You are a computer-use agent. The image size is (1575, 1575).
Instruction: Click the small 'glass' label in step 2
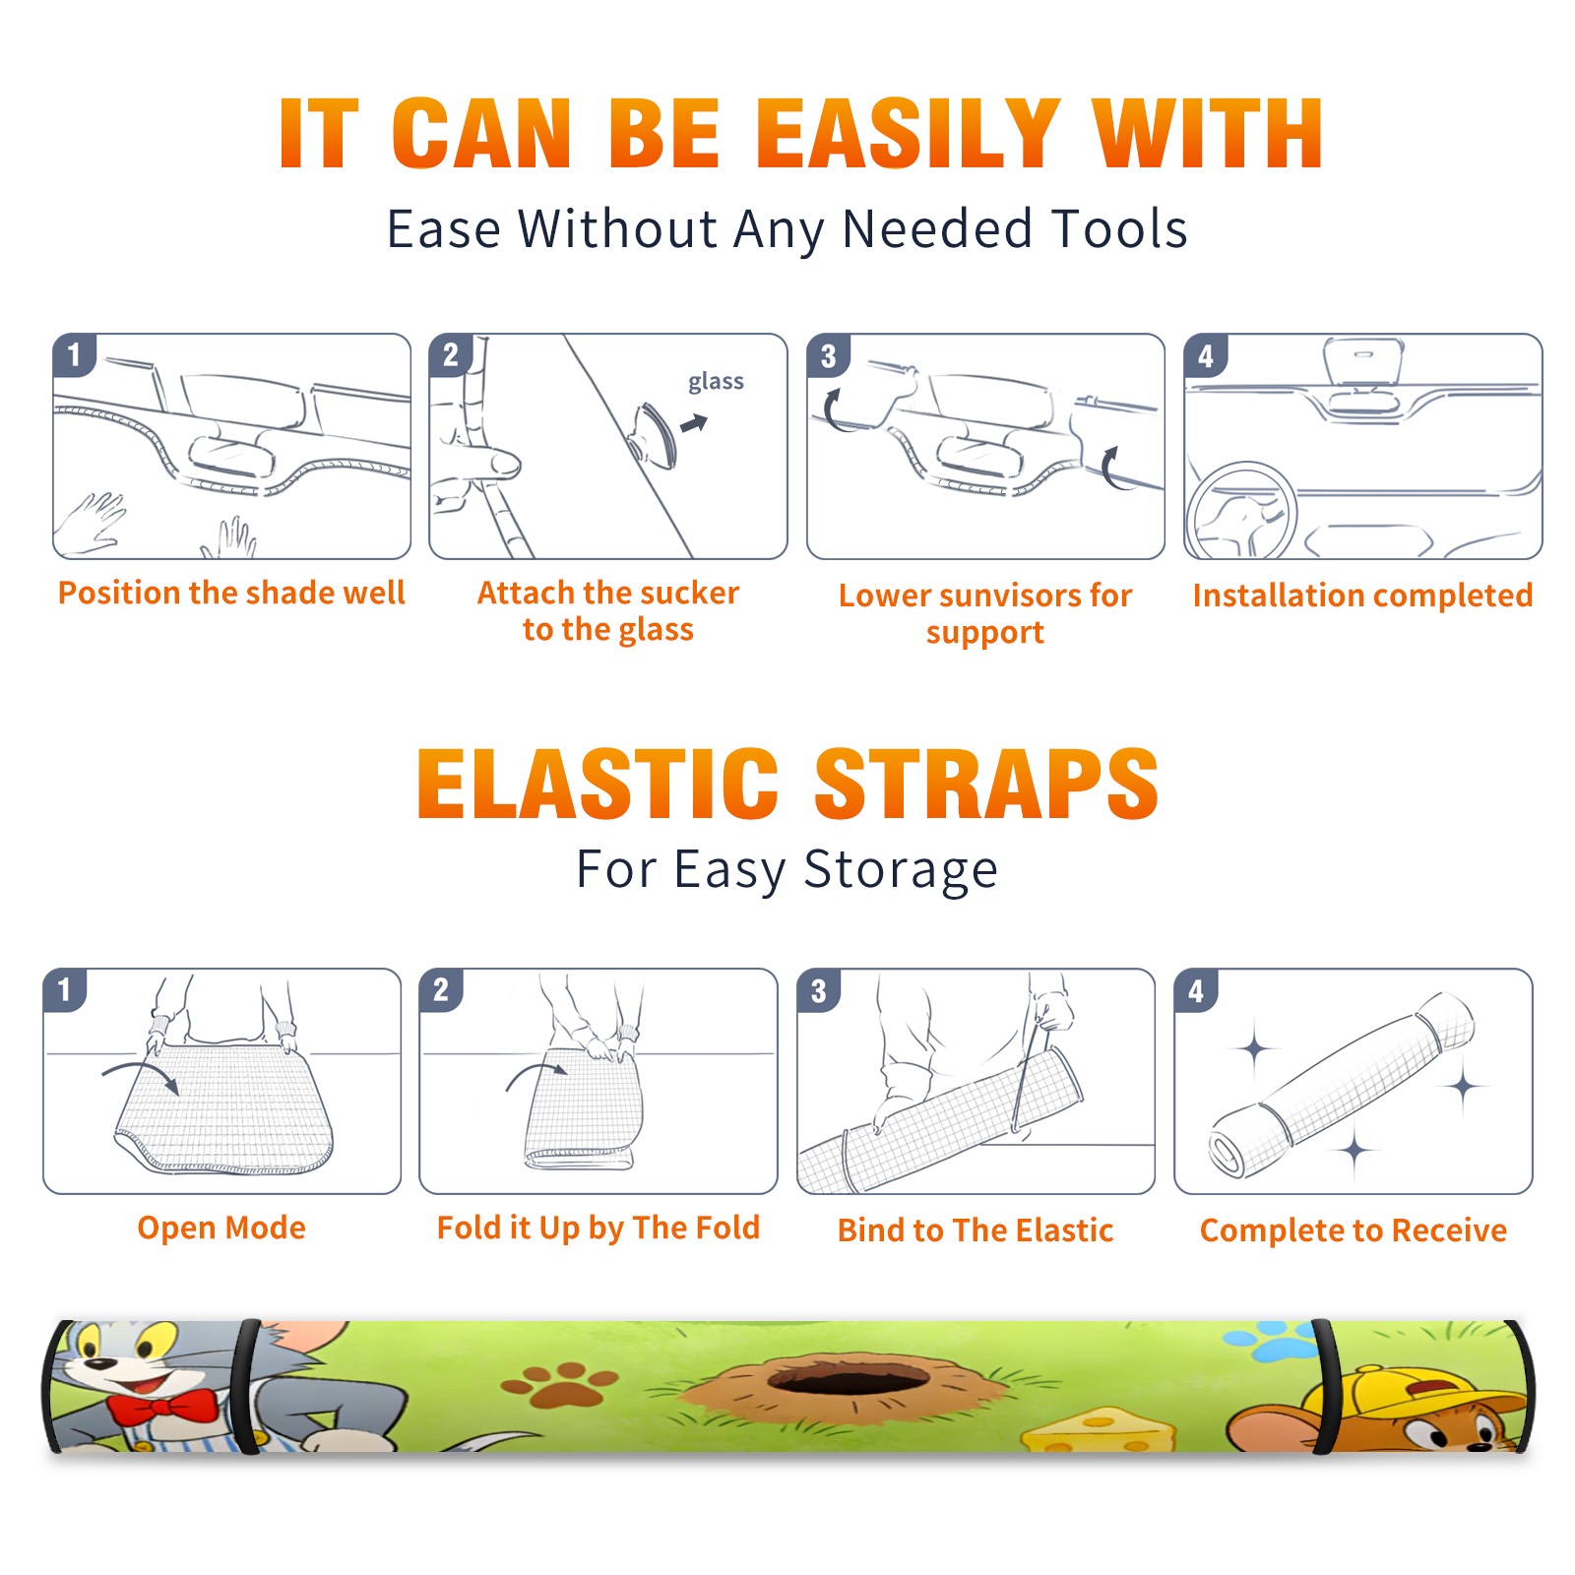click(716, 382)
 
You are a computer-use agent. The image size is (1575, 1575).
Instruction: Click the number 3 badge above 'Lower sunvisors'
click(829, 355)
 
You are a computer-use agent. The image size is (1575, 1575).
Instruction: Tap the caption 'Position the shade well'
click(231, 593)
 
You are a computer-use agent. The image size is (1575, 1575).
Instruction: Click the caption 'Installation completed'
click(1362, 596)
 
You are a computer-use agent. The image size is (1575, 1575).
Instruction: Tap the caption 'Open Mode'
click(221, 1228)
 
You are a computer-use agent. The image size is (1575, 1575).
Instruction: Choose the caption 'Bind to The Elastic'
click(976, 1230)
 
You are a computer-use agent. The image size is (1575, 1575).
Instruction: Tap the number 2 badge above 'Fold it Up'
click(441, 989)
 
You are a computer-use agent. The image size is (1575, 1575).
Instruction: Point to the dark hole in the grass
click(849, 1379)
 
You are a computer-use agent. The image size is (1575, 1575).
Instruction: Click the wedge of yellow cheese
click(1098, 1430)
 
